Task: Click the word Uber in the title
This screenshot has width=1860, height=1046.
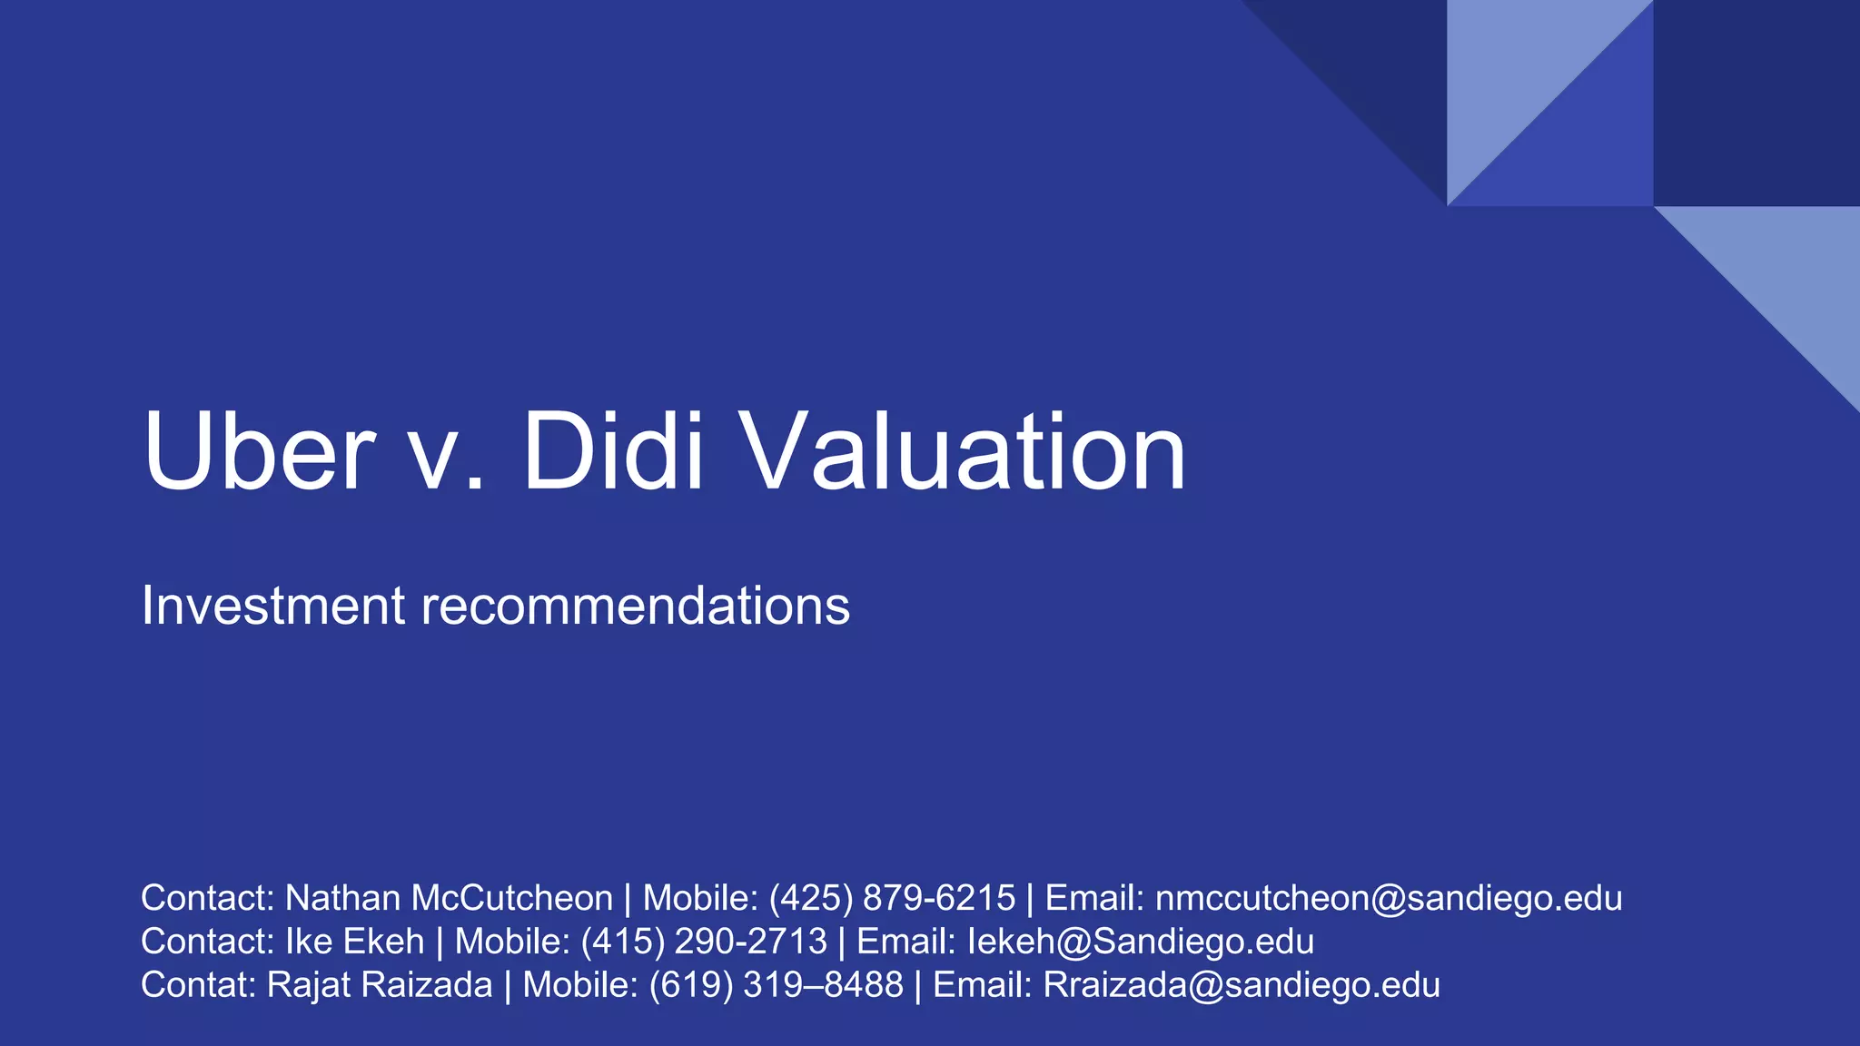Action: (259, 451)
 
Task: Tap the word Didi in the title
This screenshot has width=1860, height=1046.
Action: (614, 451)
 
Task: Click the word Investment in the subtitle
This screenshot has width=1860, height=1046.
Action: (272, 606)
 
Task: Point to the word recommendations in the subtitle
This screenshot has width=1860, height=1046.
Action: (635, 606)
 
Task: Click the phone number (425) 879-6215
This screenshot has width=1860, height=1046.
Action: (892, 898)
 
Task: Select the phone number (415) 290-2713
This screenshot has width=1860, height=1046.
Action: (704, 942)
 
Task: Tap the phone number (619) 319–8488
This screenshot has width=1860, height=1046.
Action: (777, 985)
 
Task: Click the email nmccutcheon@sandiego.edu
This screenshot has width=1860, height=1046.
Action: (1389, 898)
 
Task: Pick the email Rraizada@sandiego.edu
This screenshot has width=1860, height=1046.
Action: (1242, 985)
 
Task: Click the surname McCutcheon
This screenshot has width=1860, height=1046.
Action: (512, 898)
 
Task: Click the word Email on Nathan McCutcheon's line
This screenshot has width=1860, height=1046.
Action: (1093, 898)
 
